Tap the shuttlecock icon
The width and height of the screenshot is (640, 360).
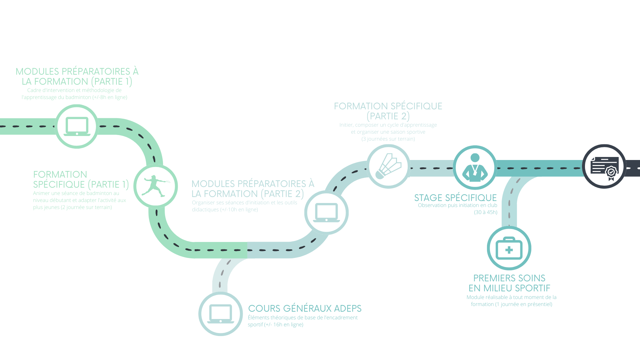click(388, 166)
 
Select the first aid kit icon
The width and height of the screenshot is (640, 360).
click(509, 248)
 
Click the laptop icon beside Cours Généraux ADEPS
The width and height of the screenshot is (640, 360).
click(221, 314)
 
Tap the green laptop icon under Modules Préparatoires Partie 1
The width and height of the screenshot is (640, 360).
click(77, 126)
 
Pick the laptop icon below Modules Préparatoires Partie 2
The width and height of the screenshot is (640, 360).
click(326, 213)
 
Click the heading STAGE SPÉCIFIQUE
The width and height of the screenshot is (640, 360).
click(455, 198)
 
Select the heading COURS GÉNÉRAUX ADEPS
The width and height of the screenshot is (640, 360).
click(305, 309)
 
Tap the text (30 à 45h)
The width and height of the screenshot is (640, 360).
click(486, 212)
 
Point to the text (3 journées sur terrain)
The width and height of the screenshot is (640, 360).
click(388, 139)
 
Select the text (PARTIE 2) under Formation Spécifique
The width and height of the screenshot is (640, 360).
click(388, 116)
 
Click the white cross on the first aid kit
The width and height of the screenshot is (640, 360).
click(509, 250)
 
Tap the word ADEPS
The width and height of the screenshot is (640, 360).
click(348, 309)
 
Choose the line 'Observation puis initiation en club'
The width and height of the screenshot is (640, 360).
click(458, 205)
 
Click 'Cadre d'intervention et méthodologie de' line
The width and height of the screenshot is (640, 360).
click(74, 90)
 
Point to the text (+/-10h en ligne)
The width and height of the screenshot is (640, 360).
click(239, 210)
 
